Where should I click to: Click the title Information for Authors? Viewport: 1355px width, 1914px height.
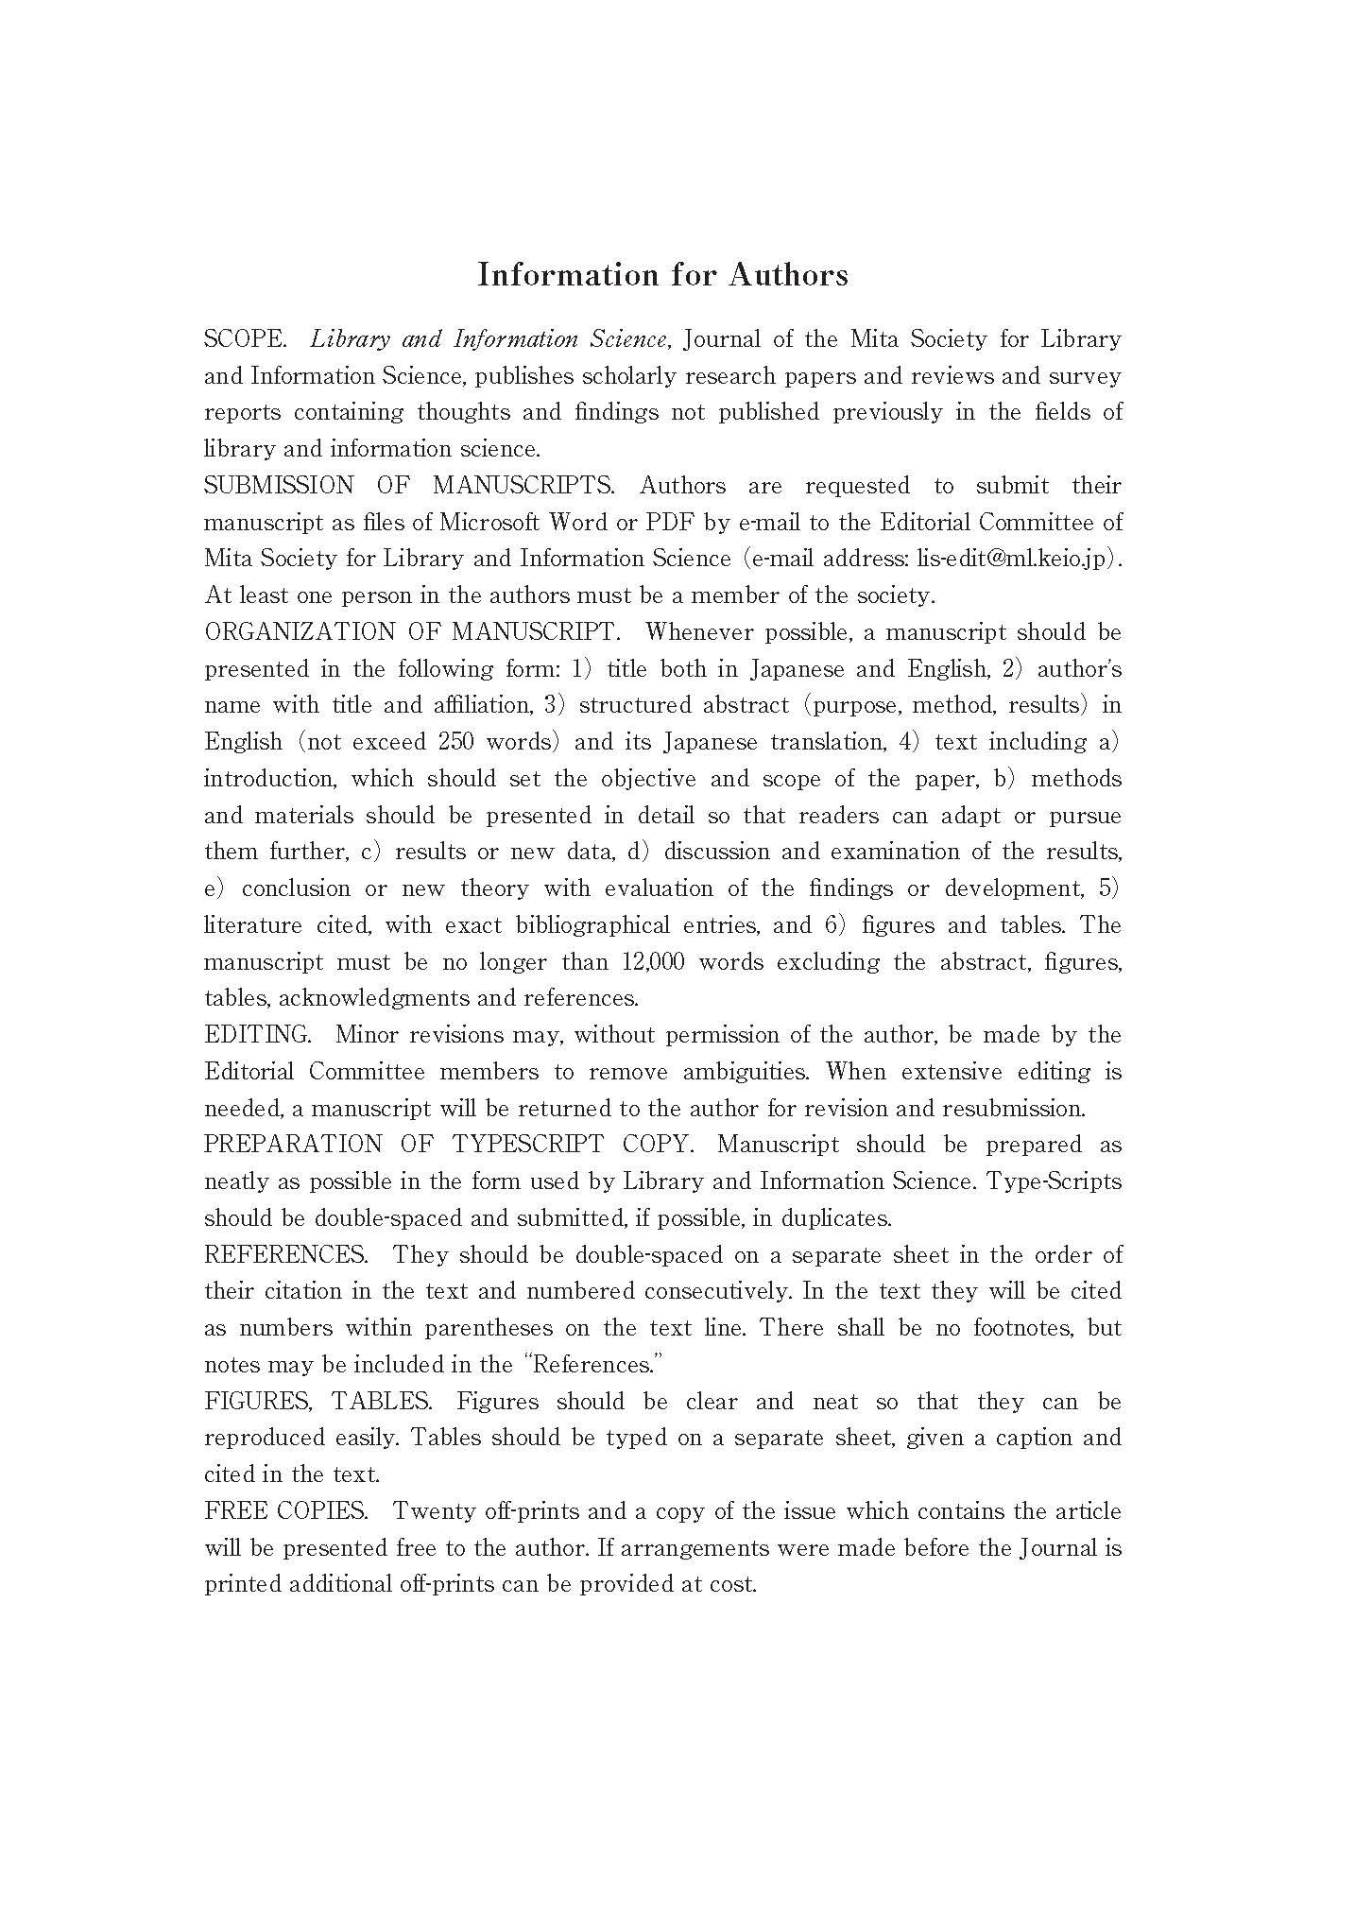click(662, 275)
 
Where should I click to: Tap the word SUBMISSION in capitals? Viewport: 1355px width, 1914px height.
click(279, 486)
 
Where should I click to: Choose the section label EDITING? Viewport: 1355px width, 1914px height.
click(257, 1035)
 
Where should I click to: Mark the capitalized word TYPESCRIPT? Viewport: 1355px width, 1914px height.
click(527, 1145)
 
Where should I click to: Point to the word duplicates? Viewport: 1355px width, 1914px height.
click(832, 1218)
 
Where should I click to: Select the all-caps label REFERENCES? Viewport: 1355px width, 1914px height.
click(285, 1255)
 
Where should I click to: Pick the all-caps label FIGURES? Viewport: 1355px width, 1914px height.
click(258, 1402)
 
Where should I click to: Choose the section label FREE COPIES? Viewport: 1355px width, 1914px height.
click(285, 1511)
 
